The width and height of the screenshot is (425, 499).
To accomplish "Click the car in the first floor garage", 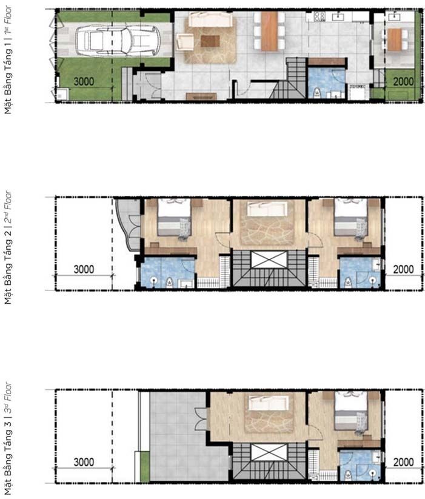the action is click(118, 40).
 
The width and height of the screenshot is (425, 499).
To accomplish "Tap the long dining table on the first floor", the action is click(269, 31).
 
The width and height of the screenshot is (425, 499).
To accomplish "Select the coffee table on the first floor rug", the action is click(210, 41).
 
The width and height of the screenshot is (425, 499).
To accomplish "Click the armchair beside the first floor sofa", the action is click(184, 42).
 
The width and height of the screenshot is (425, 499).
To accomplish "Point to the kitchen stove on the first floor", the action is click(319, 16).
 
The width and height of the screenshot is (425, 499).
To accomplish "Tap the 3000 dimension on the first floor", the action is click(84, 81).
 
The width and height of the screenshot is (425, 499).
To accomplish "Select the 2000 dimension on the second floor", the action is click(403, 269).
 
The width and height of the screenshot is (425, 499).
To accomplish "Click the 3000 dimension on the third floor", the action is click(84, 462).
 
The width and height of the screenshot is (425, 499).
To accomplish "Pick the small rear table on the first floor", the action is click(395, 39).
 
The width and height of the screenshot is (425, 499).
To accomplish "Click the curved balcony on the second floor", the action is click(128, 224).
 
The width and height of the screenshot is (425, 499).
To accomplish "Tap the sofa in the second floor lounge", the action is click(267, 209).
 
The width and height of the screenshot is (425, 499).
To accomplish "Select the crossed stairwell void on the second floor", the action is click(269, 260).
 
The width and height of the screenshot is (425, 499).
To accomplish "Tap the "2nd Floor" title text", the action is click(8, 207).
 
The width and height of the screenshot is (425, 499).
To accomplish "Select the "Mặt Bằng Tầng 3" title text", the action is click(8, 457).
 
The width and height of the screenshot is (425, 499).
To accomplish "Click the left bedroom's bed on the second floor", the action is click(175, 217).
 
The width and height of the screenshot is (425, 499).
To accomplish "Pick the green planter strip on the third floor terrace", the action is click(145, 466).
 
